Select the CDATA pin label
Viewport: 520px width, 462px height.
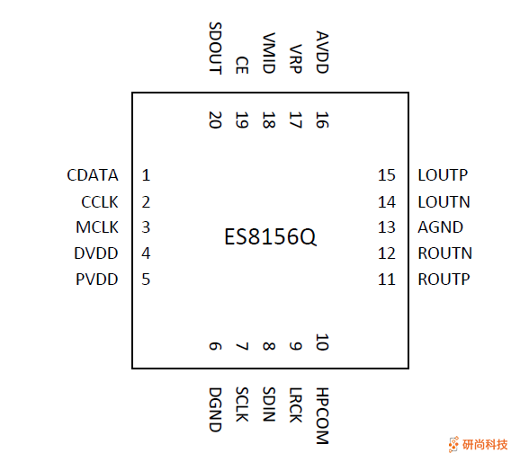point(92,175)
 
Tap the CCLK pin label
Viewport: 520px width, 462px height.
point(99,202)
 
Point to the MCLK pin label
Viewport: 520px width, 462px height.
point(97,227)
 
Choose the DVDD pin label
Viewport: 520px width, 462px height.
point(96,253)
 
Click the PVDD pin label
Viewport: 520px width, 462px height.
point(96,280)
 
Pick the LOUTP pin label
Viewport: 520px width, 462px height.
point(443,175)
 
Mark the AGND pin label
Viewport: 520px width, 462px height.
point(440,227)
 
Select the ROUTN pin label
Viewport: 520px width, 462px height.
point(444,253)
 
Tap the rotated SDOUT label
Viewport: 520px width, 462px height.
point(214,49)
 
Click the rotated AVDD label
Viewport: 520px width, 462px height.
point(322,53)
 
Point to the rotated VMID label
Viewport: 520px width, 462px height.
point(268,53)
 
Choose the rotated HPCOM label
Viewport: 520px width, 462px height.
point(322,416)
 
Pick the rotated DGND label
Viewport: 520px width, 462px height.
point(214,409)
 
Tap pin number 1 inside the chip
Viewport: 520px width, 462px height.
point(146,175)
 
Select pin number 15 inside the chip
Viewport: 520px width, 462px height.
point(387,175)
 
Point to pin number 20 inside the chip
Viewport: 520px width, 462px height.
point(214,120)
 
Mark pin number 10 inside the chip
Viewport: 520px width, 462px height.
point(322,342)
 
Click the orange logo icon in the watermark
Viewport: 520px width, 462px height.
point(453,444)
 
